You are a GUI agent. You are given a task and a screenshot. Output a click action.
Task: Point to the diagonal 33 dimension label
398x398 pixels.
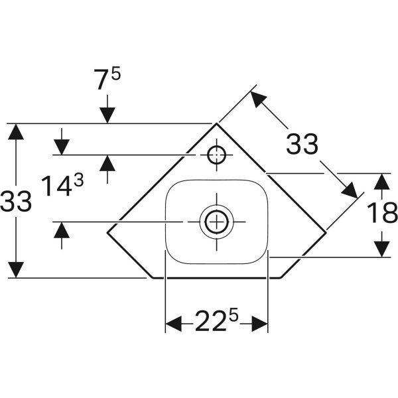302,143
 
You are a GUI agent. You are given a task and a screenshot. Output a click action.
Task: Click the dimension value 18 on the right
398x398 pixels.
381,214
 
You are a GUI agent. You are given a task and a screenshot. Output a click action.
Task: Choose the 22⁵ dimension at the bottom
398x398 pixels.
216,323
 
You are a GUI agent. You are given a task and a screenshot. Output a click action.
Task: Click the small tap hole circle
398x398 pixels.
216,155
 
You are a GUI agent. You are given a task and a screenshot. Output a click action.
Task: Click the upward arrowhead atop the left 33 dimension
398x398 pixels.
16,131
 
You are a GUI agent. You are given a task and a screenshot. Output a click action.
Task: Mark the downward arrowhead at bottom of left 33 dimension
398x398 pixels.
16,269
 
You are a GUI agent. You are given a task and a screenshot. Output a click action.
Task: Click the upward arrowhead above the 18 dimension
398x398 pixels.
381,181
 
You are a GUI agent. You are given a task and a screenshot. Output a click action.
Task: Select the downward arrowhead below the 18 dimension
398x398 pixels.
381,248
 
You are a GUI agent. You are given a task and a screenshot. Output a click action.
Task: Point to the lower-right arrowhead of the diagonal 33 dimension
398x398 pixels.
350,191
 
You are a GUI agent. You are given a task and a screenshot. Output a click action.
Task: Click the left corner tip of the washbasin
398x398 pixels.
107,231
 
